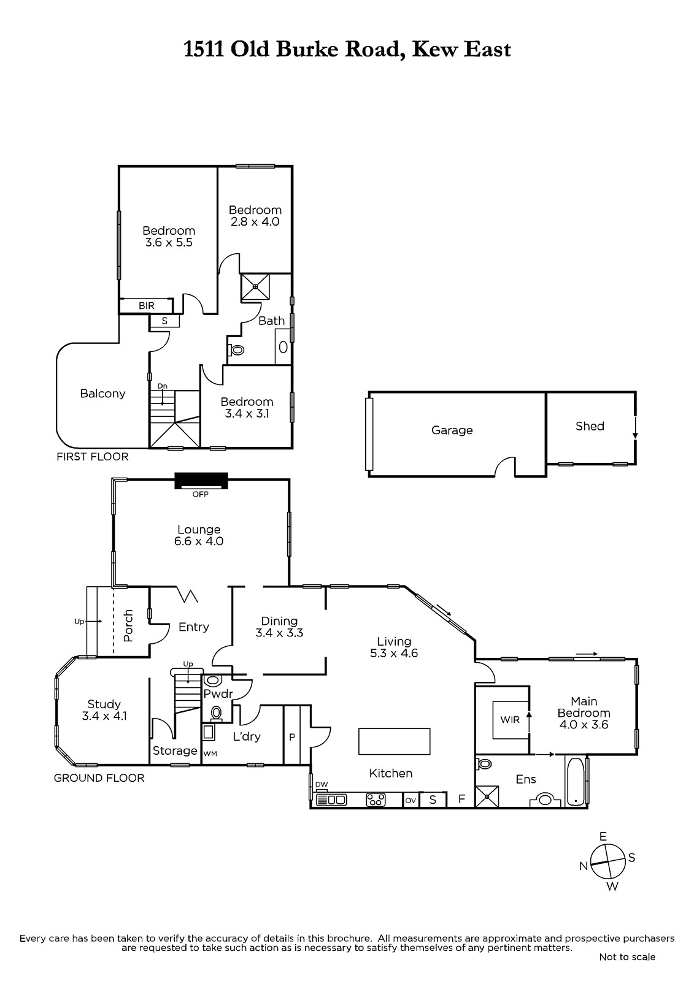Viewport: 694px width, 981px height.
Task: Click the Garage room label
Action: (x=452, y=430)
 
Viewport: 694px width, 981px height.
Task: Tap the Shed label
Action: (x=590, y=426)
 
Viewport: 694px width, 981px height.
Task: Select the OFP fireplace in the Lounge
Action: (x=201, y=481)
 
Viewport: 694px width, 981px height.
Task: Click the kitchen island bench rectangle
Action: (x=394, y=741)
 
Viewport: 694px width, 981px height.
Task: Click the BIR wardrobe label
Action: (x=147, y=306)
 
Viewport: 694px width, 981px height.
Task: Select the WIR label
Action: (x=510, y=720)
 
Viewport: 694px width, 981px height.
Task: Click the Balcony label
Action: (x=102, y=394)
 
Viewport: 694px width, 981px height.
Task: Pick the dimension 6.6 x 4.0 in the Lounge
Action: (x=199, y=541)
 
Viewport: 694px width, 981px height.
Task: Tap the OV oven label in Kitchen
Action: (x=411, y=801)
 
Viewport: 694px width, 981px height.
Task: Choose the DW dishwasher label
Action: (x=322, y=784)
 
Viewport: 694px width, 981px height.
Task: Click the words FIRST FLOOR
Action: (x=93, y=457)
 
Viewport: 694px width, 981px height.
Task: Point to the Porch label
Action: (x=128, y=626)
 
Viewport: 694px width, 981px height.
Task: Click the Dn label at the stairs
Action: (x=162, y=386)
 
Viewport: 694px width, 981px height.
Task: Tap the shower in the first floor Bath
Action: (x=255, y=287)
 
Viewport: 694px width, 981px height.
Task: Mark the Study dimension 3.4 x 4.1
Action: (x=104, y=716)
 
